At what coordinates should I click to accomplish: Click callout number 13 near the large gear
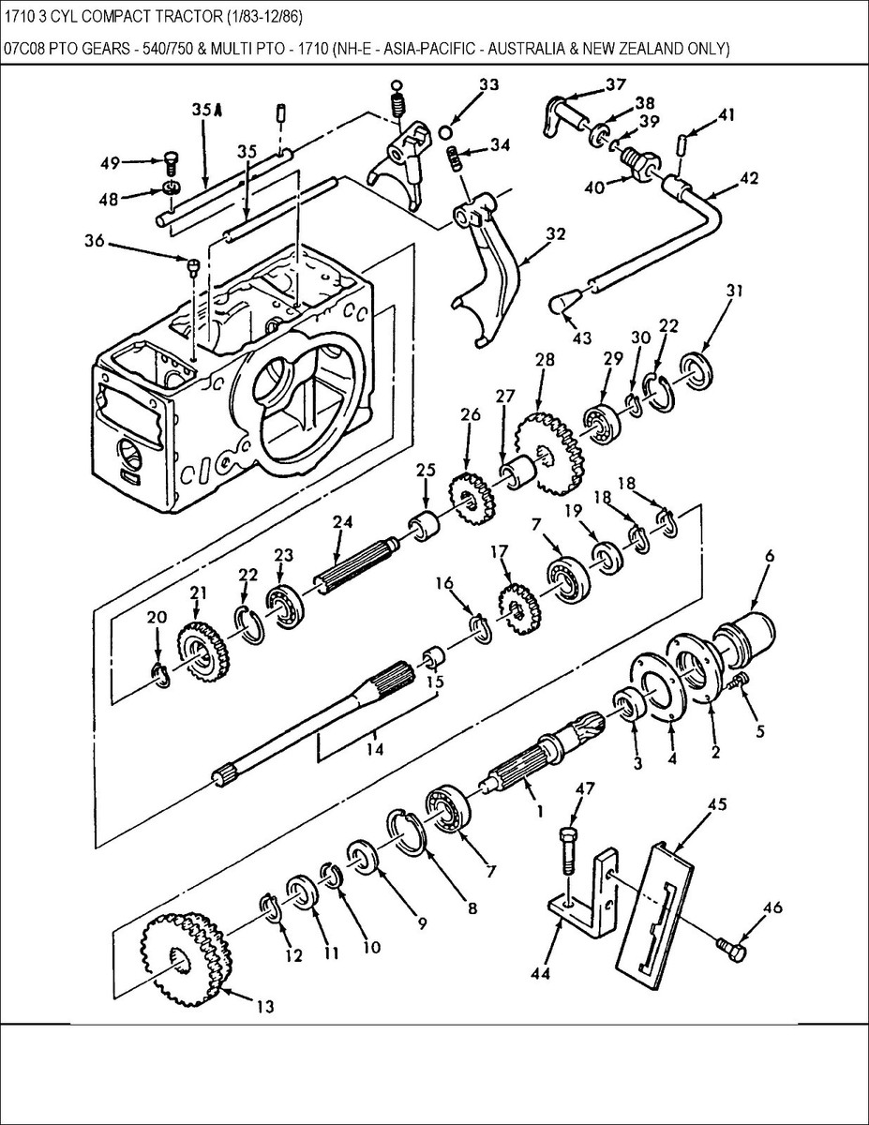265,1007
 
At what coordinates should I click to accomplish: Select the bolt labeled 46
732,949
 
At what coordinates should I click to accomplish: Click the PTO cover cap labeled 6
745,632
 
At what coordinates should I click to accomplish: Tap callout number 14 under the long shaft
375,750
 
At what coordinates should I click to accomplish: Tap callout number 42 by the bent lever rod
749,177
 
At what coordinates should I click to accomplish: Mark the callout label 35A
206,110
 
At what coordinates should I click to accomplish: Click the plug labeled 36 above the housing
191,268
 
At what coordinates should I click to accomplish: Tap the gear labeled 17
513,607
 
